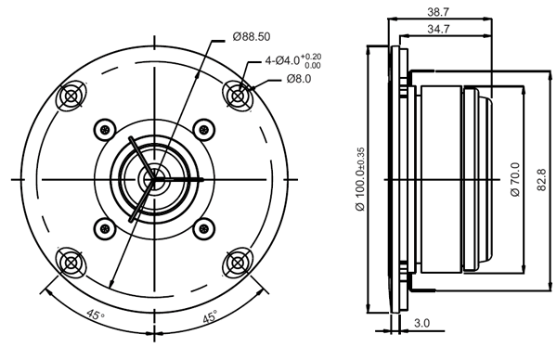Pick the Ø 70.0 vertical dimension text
pos(513,178)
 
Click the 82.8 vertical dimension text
pos(540,178)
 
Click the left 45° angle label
pos(95,315)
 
